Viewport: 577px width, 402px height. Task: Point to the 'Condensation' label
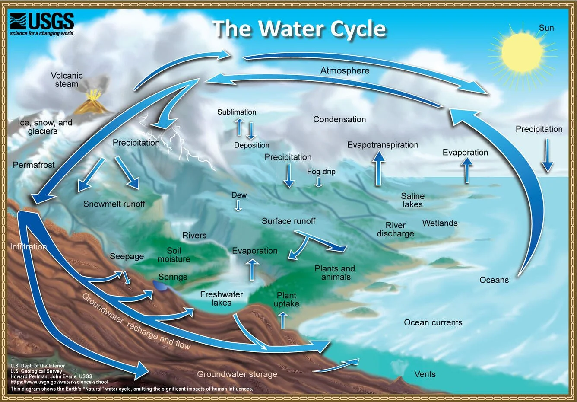[x=339, y=119]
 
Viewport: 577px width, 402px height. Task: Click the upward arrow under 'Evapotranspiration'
[x=379, y=169]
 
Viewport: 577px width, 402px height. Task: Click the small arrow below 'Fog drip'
[x=318, y=182]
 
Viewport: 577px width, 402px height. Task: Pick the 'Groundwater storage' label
[x=237, y=374]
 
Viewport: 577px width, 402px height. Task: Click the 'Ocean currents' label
[x=433, y=322]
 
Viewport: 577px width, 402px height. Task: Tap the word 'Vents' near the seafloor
[x=425, y=374]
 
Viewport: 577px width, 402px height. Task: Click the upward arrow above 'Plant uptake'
[x=283, y=320]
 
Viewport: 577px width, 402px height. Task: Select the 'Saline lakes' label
[x=412, y=200]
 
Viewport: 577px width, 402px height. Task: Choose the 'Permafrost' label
[x=34, y=165]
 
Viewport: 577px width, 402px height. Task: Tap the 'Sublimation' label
[x=237, y=112]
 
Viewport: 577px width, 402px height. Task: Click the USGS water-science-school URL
[x=59, y=382]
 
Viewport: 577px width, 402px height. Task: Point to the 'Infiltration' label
[x=28, y=246]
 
